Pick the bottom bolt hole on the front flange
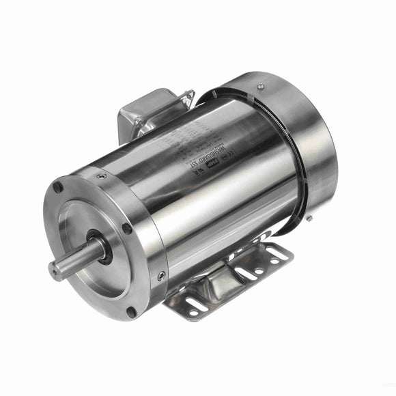(x=132, y=312)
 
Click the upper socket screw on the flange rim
(x=102, y=175)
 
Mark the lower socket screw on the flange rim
(x=161, y=276)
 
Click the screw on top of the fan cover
(x=260, y=86)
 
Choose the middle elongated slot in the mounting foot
(x=245, y=274)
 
